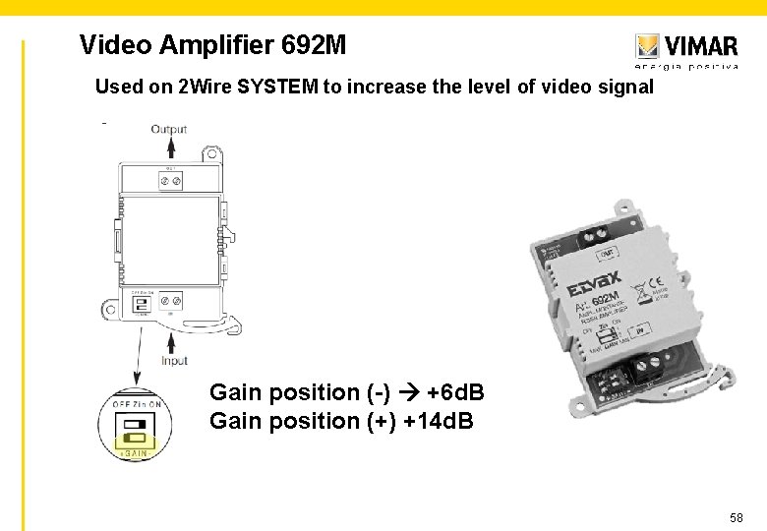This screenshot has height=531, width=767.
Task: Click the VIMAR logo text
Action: click(x=701, y=45)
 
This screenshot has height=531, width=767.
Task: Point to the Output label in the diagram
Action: click(x=168, y=129)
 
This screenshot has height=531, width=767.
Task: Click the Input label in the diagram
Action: click(x=174, y=361)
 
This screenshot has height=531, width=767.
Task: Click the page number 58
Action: click(x=737, y=516)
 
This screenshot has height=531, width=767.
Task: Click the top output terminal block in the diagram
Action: click(x=171, y=180)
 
